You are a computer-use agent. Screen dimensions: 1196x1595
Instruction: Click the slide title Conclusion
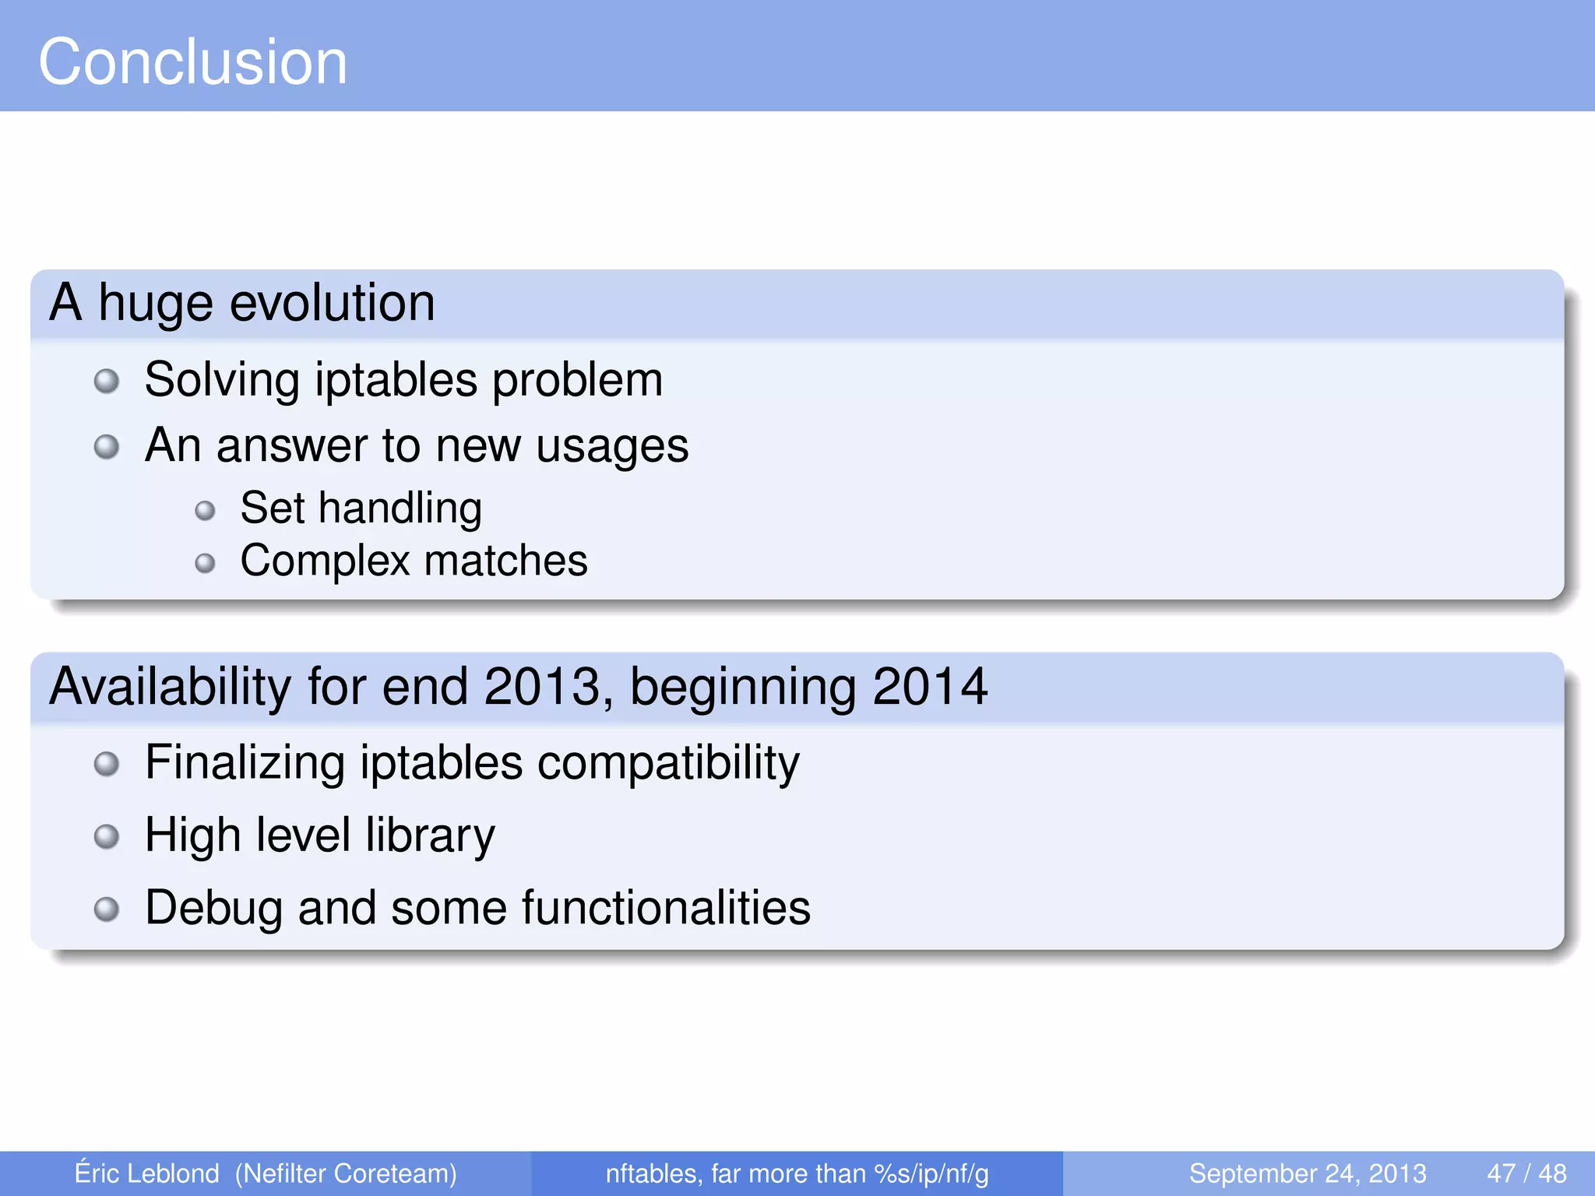coord(192,62)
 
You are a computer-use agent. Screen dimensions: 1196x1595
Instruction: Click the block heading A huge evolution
coord(241,303)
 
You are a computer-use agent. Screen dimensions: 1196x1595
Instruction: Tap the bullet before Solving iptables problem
coord(107,382)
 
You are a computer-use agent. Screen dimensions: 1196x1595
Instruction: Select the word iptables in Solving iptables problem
coord(396,380)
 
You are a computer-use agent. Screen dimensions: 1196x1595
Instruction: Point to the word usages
coord(612,446)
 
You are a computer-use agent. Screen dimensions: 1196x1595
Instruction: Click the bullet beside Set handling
coord(205,511)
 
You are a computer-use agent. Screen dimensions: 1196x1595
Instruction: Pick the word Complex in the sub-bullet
coord(325,561)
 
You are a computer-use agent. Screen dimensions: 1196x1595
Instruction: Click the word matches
coord(505,561)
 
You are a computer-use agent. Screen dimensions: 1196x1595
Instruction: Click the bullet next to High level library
coord(107,837)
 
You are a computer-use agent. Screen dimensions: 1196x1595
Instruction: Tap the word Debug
coord(213,908)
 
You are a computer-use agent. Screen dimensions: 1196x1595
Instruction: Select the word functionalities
coord(666,908)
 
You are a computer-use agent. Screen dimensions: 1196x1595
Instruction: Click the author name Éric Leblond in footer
coord(146,1173)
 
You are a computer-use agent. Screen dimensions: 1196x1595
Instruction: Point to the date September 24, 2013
coord(1307,1173)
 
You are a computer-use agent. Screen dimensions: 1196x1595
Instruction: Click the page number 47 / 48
coord(1526,1173)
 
